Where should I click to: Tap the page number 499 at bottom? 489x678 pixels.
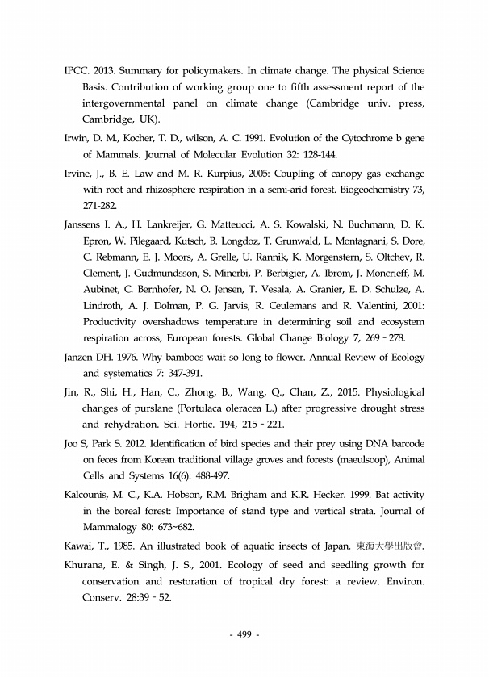[x=244, y=636]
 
